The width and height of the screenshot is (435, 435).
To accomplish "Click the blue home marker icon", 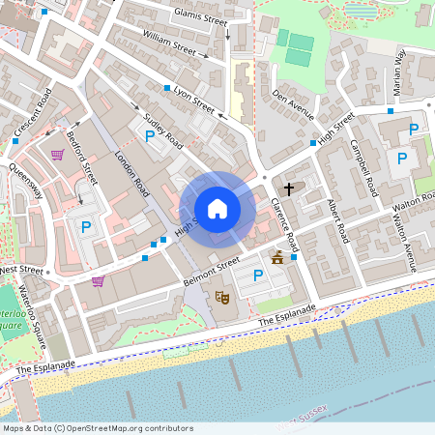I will [217, 208].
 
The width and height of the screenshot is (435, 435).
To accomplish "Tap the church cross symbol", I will [289, 188].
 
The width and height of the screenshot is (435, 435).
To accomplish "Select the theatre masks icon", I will [221, 299].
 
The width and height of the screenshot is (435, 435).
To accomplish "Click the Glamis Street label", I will [199, 14].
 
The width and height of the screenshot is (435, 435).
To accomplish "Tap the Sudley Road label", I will [163, 130].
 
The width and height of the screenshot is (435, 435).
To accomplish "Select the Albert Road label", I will [337, 220].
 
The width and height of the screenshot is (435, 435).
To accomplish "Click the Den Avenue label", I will [293, 105].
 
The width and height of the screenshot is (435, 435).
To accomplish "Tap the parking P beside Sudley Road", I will [150, 137].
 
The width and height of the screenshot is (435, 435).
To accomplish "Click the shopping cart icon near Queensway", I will [58, 154].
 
